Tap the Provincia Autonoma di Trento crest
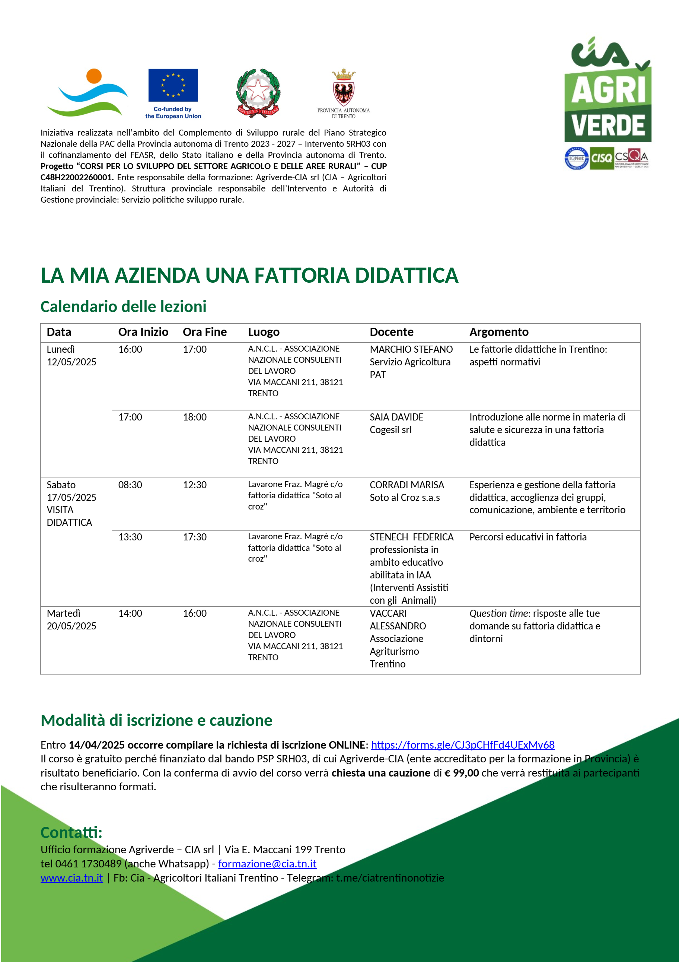point(344,88)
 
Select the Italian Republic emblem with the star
point(258,93)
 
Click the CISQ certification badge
point(601,158)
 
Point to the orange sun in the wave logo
point(94,76)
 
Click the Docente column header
point(391,332)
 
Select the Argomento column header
point(498,332)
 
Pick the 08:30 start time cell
point(130,485)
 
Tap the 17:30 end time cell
point(195,537)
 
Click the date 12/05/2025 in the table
point(71,362)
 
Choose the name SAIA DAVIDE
point(396,417)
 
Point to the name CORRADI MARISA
point(407,485)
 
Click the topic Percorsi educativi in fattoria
point(528,537)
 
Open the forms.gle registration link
point(462,744)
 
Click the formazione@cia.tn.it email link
point(267,864)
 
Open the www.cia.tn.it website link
point(71,878)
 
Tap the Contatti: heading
point(71,832)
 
